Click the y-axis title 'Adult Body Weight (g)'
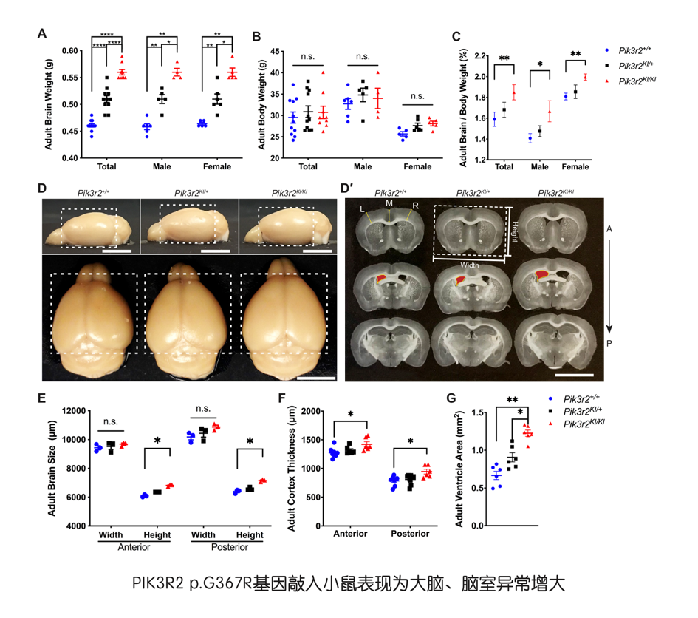click(255, 104)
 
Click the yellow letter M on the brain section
click(389, 203)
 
